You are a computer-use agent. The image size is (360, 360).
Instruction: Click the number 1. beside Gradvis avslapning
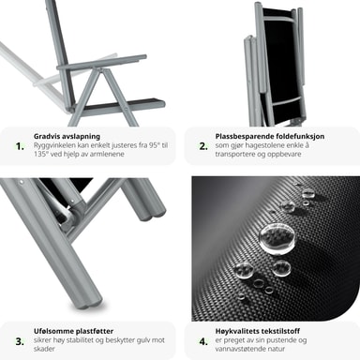pyautogui.click(x=20, y=146)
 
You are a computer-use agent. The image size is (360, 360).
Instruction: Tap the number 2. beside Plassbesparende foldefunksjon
pyautogui.click(x=203, y=146)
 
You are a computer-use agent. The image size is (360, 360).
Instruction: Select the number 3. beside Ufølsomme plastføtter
pyautogui.click(x=20, y=341)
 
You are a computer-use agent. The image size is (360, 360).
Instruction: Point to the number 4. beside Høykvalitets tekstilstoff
pyautogui.click(x=203, y=341)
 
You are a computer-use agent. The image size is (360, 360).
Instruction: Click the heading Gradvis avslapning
pyautogui.click(x=67, y=136)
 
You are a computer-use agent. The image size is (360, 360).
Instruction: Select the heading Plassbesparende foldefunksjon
pyautogui.click(x=270, y=136)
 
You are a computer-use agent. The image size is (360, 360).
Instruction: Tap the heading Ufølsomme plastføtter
pyautogui.click(x=73, y=331)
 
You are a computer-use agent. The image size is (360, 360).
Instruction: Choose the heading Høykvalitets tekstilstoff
pyautogui.click(x=258, y=331)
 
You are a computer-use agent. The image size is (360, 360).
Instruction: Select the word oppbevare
pyautogui.click(x=285, y=154)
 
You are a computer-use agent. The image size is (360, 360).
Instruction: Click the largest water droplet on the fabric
pyautogui.click(x=277, y=238)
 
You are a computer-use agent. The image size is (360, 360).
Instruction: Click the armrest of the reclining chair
pyautogui.click(x=101, y=63)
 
